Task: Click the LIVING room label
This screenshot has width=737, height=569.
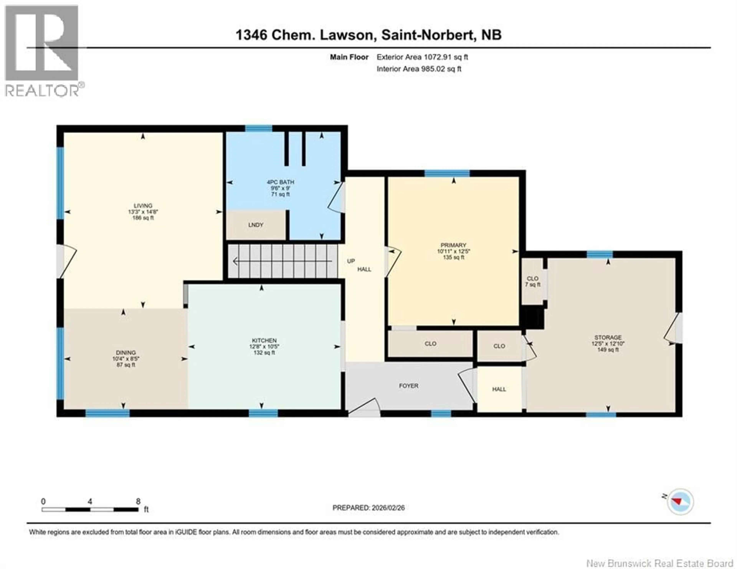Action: point(143,206)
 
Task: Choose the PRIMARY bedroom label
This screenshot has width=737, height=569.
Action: point(453,245)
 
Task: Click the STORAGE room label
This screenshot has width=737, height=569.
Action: point(608,337)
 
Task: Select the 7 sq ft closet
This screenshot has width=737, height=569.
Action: point(533,281)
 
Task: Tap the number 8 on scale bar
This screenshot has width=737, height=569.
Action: point(138,501)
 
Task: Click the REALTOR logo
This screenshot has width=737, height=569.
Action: point(42,51)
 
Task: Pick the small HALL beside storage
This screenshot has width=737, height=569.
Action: point(499,389)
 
